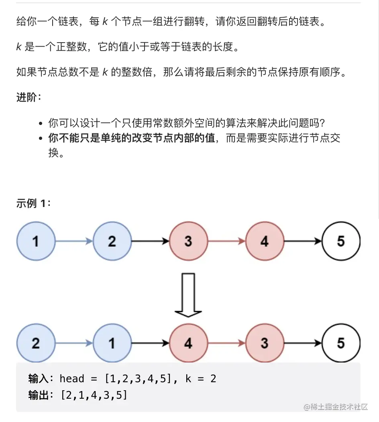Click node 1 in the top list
pyautogui.click(x=36, y=241)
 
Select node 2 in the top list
pyautogui.click(x=112, y=241)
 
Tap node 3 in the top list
pyautogui.click(x=188, y=241)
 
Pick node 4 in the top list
pyautogui.click(x=264, y=241)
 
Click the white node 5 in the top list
pyautogui.click(x=340, y=241)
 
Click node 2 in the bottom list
pyautogui.click(x=36, y=343)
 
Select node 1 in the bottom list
pyautogui.click(x=112, y=343)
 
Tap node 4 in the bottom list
pyautogui.click(x=188, y=343)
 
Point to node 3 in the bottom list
pyautogui.click(x=264, y=343)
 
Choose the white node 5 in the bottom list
pyautogui.click(x=340, y=343)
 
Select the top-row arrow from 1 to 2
pyautogui.click(x=74, y=241)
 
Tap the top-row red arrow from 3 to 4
pyautogui.click(x=226, y=241)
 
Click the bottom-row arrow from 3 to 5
pyautogui.click(x=302, y=343)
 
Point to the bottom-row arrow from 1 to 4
pyautogui.click(x=150, y=343)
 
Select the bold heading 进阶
pyautogui.click(x=28, y=97)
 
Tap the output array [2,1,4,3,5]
pyautogui.click(x=94, y=395)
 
